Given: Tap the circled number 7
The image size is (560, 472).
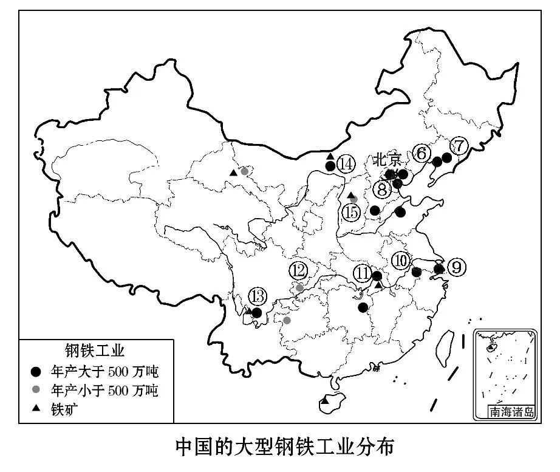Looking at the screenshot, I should click(x=459, y=146).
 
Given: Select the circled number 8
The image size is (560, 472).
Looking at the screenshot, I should click(x=381, y=189).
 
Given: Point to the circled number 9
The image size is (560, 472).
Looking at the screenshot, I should click(x=457, y=267).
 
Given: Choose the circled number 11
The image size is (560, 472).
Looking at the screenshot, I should click(x=363, y=273).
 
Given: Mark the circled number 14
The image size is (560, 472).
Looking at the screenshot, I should click(x=346, y=164).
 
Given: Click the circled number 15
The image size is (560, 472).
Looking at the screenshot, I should click(x=350, y=213).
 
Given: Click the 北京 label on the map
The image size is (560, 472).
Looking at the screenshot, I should click(x=388, y=160).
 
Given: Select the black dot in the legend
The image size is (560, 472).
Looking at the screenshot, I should click(x=36, y=371).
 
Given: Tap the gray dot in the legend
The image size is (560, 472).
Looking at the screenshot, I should click(x=36, y=389).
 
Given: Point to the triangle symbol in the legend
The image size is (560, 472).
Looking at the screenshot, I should click(x=36, y=408).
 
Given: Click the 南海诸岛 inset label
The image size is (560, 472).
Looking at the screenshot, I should click(x=512, y=412).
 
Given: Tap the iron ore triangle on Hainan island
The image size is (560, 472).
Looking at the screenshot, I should click(x=326, y=401).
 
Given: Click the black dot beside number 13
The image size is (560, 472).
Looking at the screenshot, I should click(x=256, y=313).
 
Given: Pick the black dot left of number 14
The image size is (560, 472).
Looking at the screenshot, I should click(x=330, y=166).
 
